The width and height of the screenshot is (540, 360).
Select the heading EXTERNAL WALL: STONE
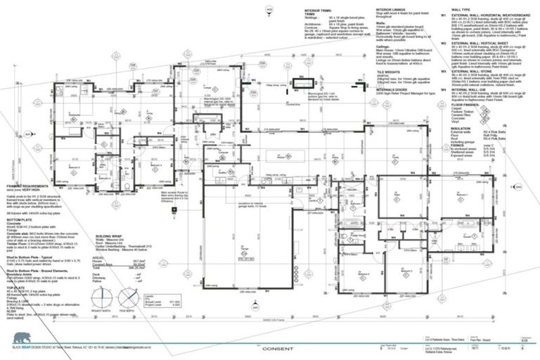pos(479,71)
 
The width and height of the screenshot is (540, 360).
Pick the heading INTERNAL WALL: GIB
pos(477,89)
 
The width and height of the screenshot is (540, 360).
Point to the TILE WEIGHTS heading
pos(389,72)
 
